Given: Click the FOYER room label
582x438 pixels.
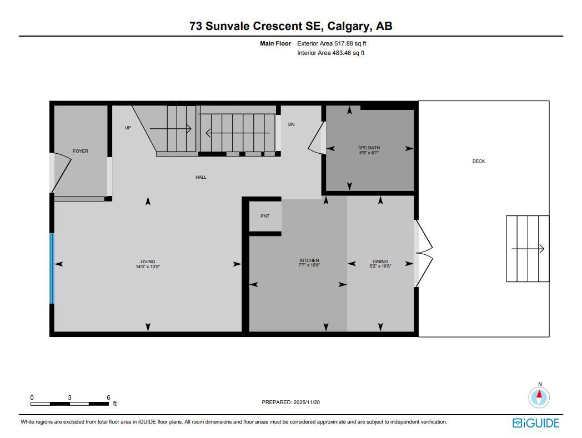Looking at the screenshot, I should [81, 151].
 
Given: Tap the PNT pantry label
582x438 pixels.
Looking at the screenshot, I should [265, 216].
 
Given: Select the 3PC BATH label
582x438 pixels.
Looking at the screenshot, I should [369, 148].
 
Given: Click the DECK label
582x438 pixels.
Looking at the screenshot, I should [479, 161].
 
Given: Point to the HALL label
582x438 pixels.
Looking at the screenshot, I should [201, 177].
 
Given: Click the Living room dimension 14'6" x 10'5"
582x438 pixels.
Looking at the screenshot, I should [148, 266].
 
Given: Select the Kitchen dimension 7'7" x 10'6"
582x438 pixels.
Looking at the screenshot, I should [309, 265].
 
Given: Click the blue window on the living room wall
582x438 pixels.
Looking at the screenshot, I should [52, 268].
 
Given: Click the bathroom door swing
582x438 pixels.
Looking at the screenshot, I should [316, 139].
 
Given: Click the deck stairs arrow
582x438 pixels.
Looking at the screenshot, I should [528, 249].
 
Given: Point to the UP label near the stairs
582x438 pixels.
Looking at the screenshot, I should [128, 128].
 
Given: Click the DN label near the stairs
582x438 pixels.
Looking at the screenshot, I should [291, 124].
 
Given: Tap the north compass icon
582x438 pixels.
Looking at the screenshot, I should [539, 397].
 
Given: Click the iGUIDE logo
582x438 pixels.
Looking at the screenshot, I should [535, 423].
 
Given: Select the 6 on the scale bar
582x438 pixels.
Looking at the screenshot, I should [108, 397].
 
